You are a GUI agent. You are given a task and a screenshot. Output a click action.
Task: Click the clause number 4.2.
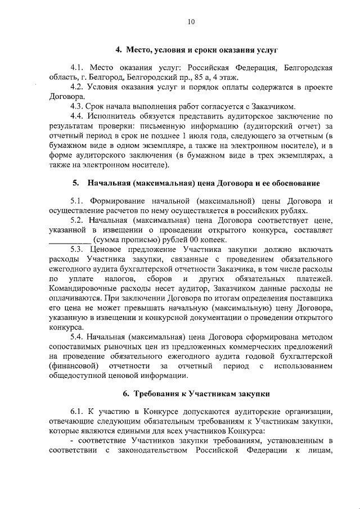78,87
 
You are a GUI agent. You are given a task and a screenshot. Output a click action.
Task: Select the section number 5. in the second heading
75,183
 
